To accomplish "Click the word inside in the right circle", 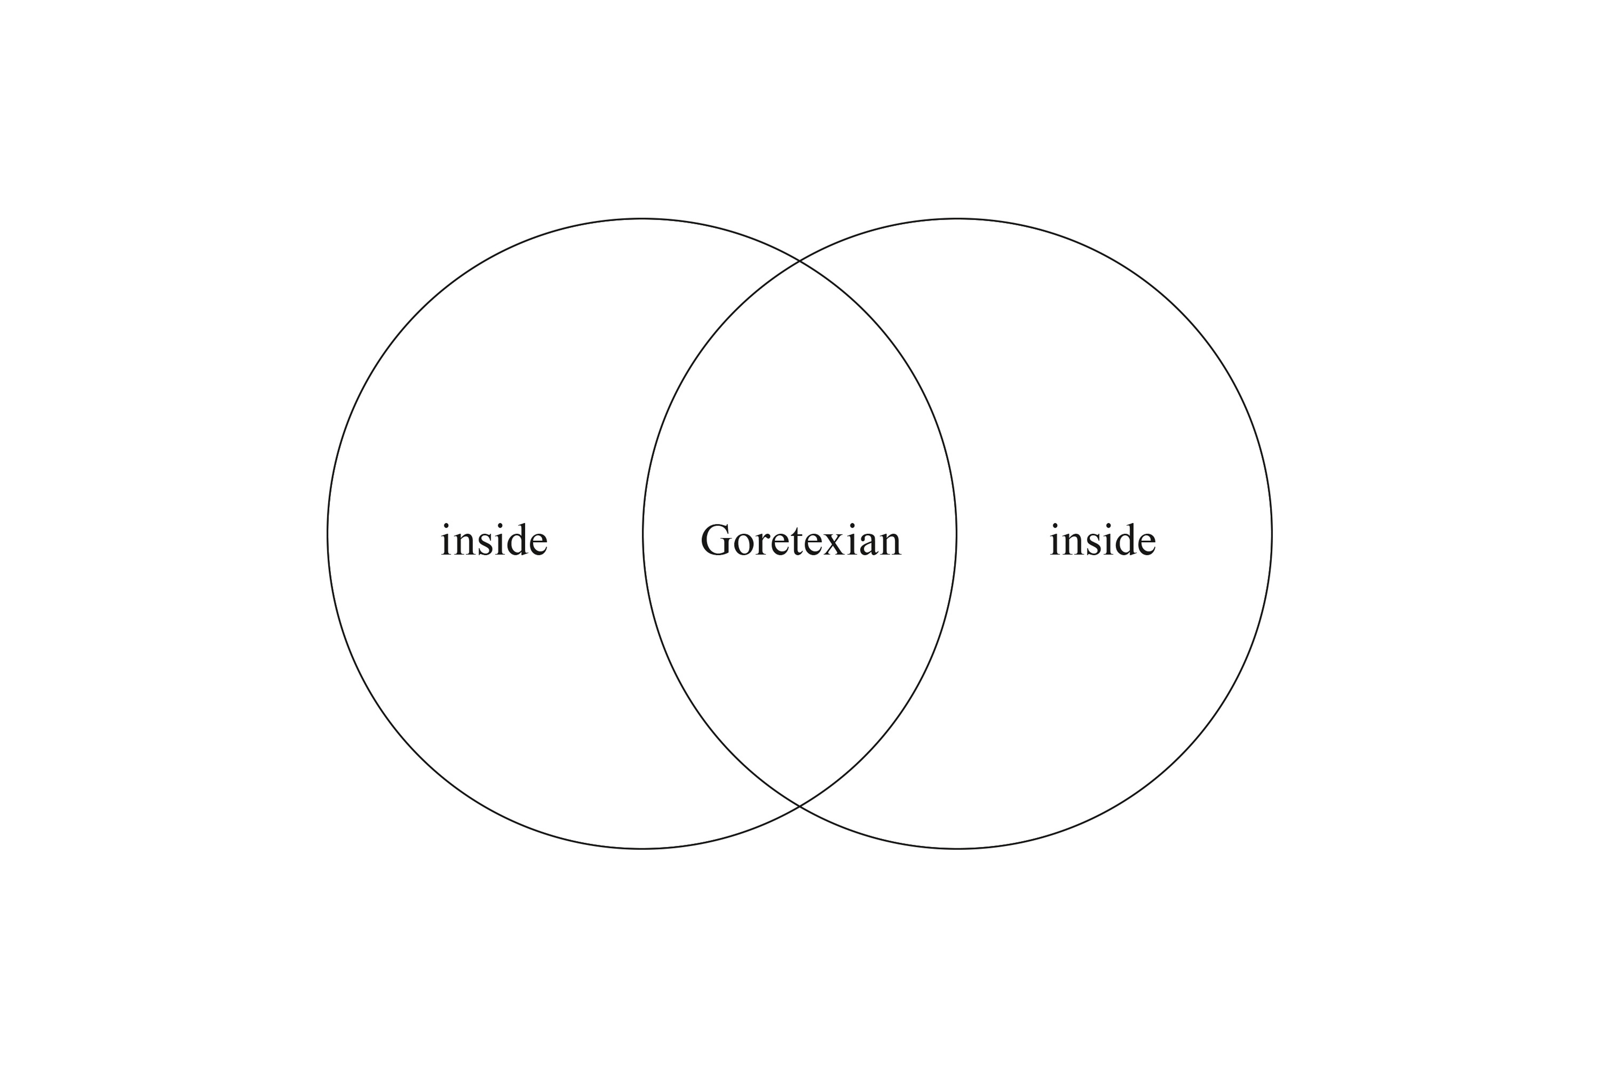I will click(1102, 540).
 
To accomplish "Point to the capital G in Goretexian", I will click(715, 540).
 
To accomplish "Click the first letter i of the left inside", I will click(446, 540).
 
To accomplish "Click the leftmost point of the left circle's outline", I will click(328, 534).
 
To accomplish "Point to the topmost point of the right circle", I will click(957, 219).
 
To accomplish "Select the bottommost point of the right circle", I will click(957, 849).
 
